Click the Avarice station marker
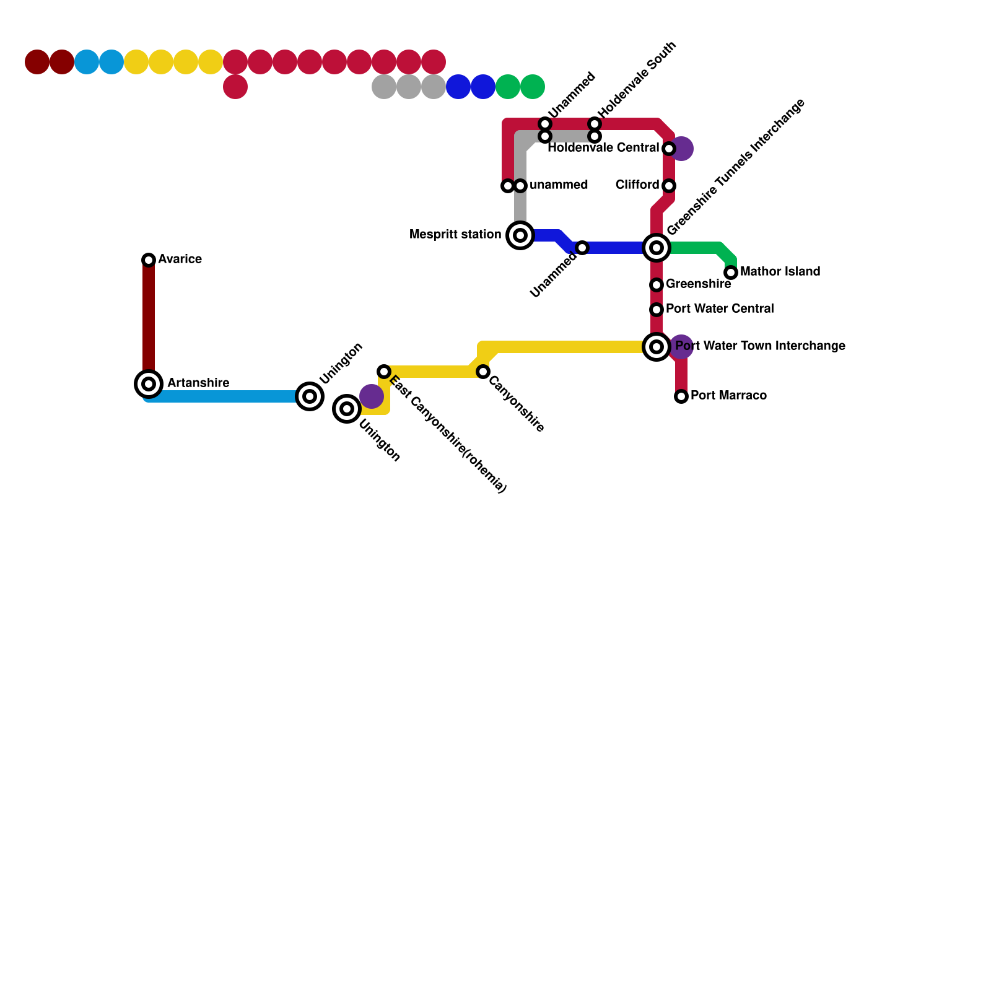click(149, 260)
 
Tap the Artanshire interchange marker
click(149, 384)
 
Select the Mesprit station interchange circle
click(520, 235)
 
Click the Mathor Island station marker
click(731, 273)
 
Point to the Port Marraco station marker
click(681, 396)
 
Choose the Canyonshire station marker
click(483, 372)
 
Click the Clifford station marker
click(669, 186)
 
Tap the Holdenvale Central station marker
click(669, 149)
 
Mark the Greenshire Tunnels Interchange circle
click(657, 248)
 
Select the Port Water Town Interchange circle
click(657, 347)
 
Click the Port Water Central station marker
click(657, 310)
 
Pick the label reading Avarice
click(180, 260)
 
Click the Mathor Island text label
click(780, 272)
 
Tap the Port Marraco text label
click(728, 396)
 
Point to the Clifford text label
click(637, 185)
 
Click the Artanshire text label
click(198, 383)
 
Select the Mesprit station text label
click(455, 235)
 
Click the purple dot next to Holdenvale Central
click(682, 149)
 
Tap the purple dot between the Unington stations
click(372, 396)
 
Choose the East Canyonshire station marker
click(384, 372)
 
